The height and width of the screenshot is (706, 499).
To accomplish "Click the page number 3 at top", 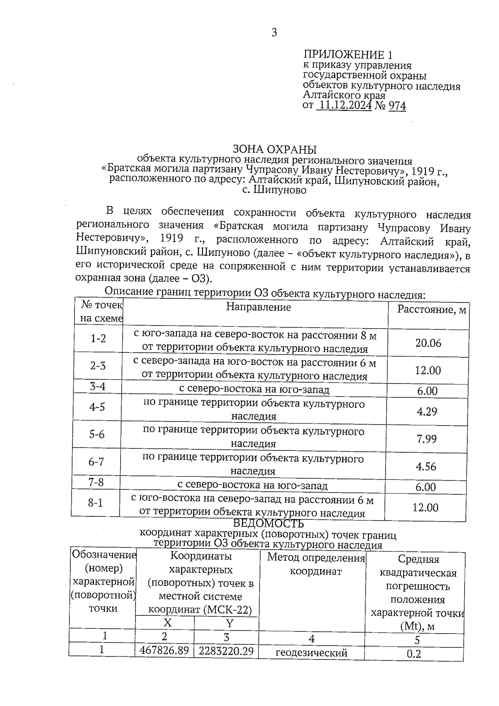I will [274, 32].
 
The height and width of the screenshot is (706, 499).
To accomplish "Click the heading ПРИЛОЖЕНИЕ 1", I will [348, 55].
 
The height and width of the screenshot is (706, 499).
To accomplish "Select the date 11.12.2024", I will [344, 106].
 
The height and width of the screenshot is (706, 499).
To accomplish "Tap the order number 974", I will [397, 106].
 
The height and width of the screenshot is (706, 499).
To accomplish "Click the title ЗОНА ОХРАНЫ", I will [274, 149].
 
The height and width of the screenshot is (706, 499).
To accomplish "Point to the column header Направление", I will [258, 307].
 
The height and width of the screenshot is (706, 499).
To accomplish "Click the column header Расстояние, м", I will [432, 310].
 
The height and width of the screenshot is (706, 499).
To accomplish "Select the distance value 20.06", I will [428, 343].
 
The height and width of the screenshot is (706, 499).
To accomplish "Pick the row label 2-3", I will [98, 366].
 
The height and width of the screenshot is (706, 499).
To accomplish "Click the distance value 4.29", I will [427, 411].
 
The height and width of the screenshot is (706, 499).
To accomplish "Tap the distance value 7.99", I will [426, 439].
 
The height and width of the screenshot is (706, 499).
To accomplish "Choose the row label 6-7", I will [96, 462].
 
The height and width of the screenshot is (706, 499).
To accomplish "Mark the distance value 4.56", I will [426, 466].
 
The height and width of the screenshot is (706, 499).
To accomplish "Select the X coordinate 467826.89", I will [165, 651].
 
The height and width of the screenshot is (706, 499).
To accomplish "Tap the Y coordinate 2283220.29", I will [226, 651].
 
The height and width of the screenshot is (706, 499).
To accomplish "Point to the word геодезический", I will [311, 653].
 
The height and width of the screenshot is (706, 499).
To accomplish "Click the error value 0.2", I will [414, 654].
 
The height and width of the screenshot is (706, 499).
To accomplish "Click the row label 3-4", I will [98, 386].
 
